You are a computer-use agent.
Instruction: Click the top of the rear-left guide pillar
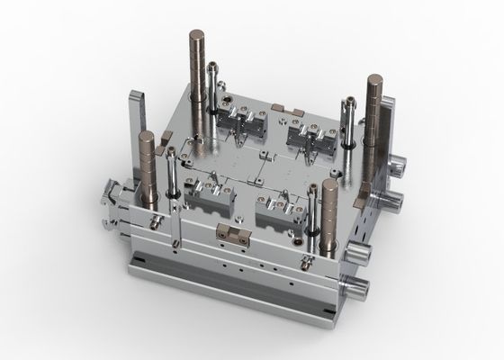click(197, 33)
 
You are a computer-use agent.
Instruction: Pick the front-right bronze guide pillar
click(328, 211)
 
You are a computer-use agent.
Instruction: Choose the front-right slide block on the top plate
click(279, 211)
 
